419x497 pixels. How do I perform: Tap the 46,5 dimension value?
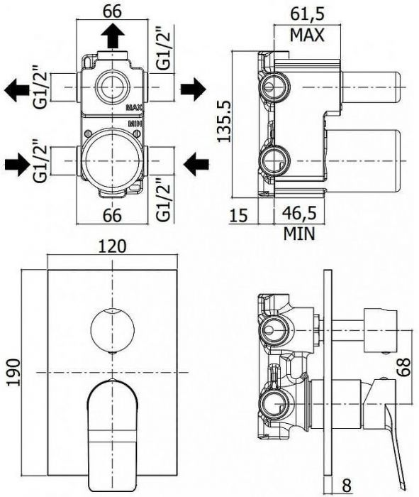click(x=301, y=214)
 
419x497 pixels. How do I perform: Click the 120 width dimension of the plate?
click(x=113, y=246)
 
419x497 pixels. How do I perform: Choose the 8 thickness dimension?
click(x=347, y=485)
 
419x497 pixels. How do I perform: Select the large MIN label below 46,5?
click(x=300, y=233)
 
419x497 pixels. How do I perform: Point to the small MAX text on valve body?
click(x=133, y=108)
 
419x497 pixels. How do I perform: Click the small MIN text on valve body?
click(x=135, y=123)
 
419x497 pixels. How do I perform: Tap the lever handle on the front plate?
click(x=112, y=426)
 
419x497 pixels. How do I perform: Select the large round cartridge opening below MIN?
click(x=113, y=159)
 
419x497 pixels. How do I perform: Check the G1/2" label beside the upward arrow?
click(x=162, y=48)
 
